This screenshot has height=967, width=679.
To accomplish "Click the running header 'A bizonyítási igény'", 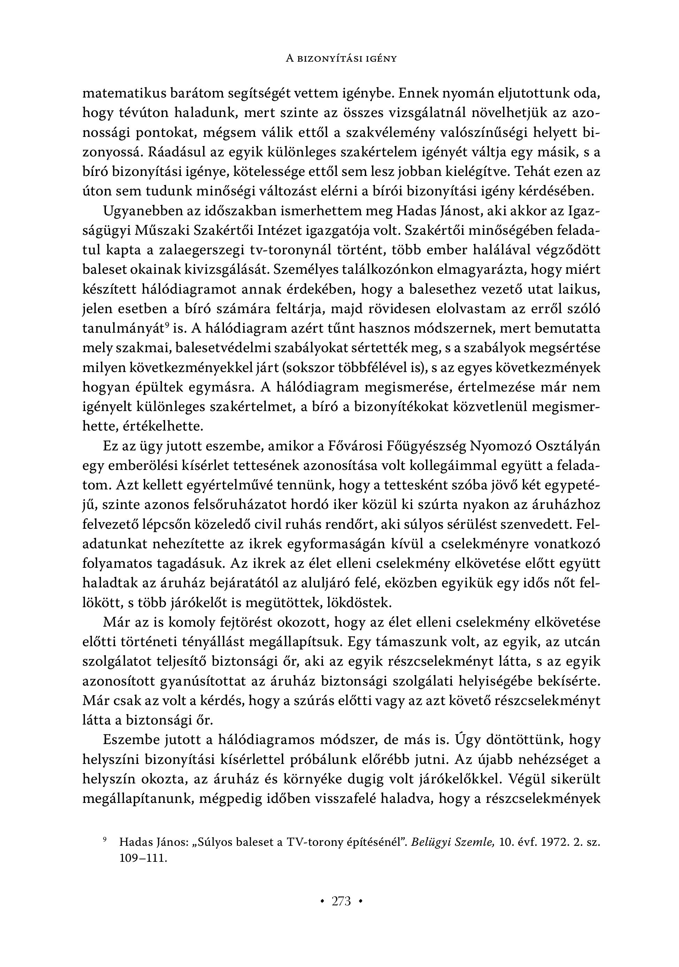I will coord(341,59).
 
